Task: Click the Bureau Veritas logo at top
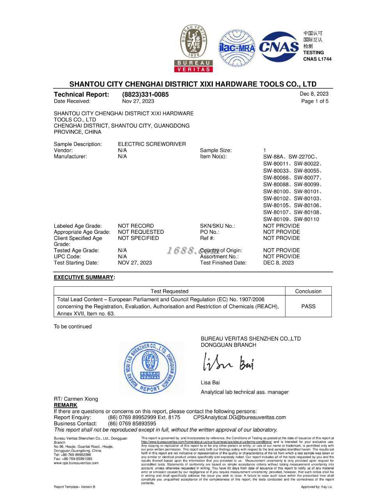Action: (x=193, y=48)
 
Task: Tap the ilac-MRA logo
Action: (x=237, y=48)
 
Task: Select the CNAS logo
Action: (x=279, y=47)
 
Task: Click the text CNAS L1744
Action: (x=317, y=59)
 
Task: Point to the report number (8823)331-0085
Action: (x=145, y=94)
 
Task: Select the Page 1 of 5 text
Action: (x=315, y=101)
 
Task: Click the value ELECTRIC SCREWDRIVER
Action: (x=152, y=144)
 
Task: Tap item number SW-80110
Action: (x=306, y=219)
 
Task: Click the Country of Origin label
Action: (x=221, y=250)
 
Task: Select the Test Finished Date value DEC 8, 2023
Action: (x=278, y=263)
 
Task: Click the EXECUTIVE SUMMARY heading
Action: (x=84, y=277)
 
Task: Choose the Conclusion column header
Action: (x=308, y=291)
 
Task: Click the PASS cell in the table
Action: (x=308, y=306)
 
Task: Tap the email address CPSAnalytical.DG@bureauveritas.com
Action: (x=239, y=417)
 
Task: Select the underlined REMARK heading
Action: (x=66, y=405)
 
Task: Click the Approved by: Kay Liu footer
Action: (x=316, y=487)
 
